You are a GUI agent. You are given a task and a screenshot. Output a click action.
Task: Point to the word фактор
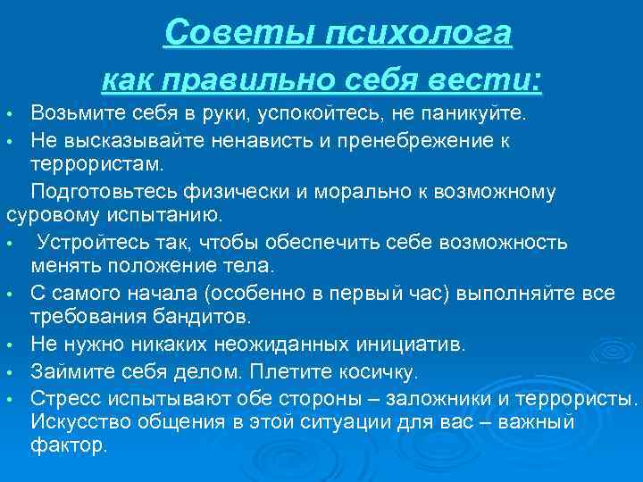coord(68,446)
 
